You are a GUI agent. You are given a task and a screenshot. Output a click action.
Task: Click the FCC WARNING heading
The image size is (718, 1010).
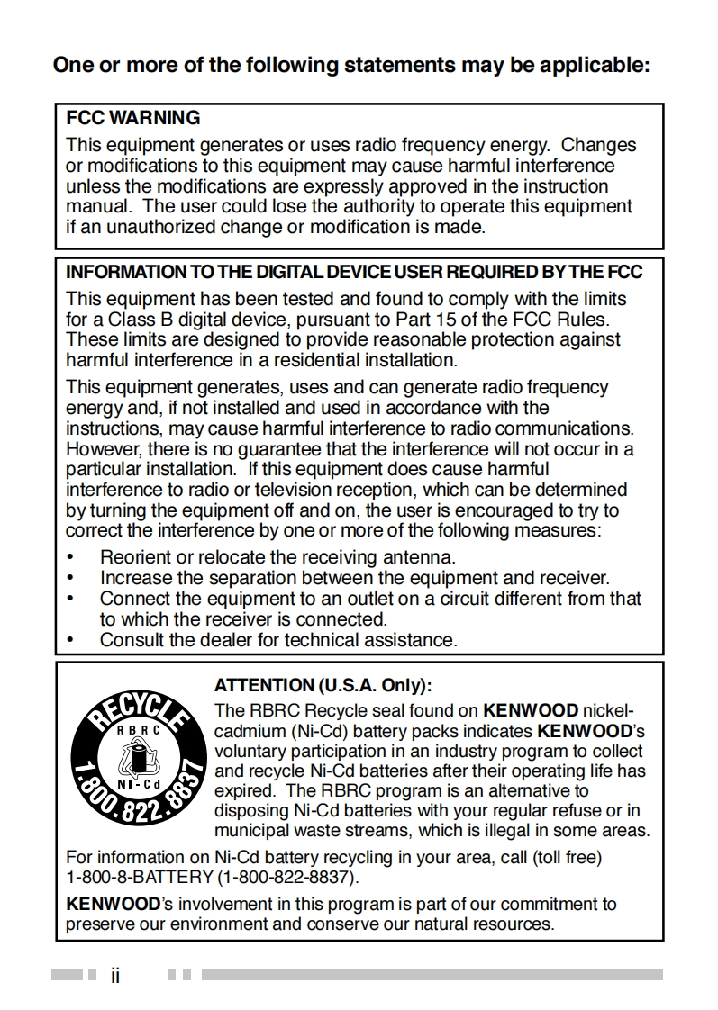pyautogui.click(x=133, y=118)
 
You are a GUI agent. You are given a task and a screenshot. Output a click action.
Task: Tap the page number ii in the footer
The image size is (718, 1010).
pyautogui.click(x=115, y=975)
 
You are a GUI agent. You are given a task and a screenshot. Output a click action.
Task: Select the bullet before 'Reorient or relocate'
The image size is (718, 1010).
pyautogui.click(x=71, y=558)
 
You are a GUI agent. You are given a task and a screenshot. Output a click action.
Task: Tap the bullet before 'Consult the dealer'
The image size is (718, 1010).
pyautogui.click(x=71, y=641)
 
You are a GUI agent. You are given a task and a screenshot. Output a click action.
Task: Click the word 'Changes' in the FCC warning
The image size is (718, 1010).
pyautogui.click(x=599, y=145)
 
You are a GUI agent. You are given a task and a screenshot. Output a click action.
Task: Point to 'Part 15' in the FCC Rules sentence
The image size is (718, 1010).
pyautogui.click(x=425, y=319)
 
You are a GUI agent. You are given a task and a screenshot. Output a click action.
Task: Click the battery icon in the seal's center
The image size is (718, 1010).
pyautogui.click(x=137, y=757)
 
